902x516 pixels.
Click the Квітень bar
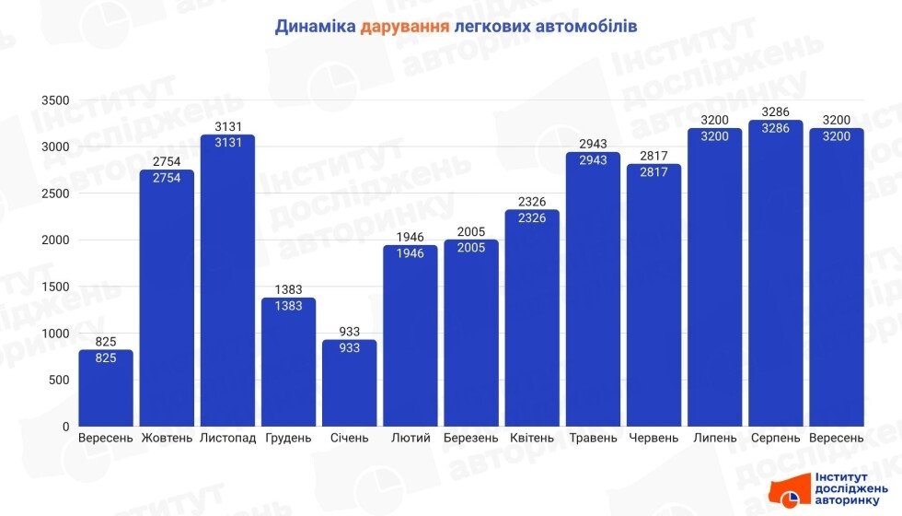(532, 318)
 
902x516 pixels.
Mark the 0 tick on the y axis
(65, 427)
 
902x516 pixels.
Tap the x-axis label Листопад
(227, 438)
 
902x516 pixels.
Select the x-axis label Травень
(593, 438)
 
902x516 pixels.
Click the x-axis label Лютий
(411, 438)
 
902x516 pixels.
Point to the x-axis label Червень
(653, 438)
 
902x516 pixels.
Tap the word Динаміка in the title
(314, 26)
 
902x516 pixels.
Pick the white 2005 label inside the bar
(471, 249)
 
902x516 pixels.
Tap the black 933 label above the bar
(350, 332)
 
